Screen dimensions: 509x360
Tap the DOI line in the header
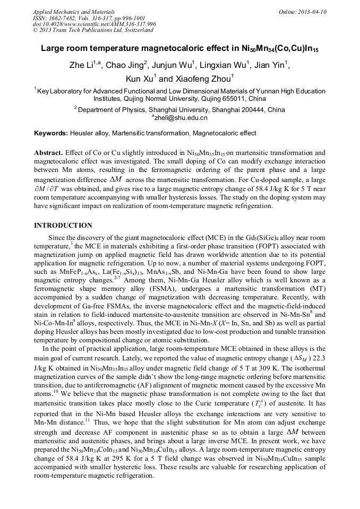pyautogui.click(x=95, y=24)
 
